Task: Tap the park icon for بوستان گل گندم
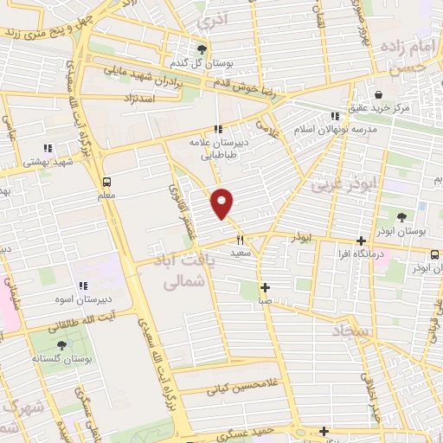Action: [202, 49]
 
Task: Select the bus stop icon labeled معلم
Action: [106, 182]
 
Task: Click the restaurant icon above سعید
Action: [241, 240]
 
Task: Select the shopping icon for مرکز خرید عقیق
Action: [378, 94]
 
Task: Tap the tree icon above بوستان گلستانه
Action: [61, 344]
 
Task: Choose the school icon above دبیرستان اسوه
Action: [83, 286]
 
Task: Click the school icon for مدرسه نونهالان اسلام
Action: [335, 116]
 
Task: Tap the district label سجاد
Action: [351, 331]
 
